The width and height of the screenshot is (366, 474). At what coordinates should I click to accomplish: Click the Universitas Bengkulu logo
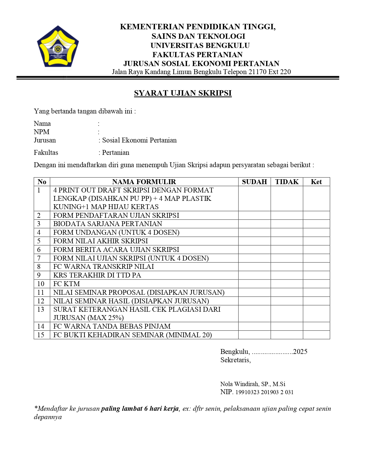coord(58,47)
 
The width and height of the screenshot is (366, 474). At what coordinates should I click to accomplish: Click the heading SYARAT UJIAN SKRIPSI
coord(183,93)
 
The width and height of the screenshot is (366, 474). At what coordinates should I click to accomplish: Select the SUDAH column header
coord(254,182)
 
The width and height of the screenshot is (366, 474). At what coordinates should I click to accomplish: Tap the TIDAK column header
coord(287,182)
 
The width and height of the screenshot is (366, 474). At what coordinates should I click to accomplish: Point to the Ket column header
coord(316,182)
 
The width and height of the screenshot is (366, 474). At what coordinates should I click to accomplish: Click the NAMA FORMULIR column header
coord(144,182)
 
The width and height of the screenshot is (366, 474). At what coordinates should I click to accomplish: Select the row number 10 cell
coord(41,284)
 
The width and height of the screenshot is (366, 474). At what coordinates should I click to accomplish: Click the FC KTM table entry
coord(67,284)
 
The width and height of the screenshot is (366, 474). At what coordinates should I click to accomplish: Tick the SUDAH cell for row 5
coord(254,241)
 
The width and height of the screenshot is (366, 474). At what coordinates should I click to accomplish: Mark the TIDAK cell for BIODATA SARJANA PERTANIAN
coord(287,224)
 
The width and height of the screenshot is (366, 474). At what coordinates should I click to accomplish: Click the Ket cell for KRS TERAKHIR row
coord(316,275)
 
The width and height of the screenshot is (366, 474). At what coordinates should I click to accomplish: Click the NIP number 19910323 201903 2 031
coord(264,392)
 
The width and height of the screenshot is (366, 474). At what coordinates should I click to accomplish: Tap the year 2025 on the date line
coord(300,352)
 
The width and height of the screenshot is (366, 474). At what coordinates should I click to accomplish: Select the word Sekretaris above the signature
coord(235,360)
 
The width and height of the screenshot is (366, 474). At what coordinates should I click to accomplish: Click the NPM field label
coord(42,132)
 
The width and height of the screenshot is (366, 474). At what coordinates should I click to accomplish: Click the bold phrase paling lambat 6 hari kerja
coord(140,409)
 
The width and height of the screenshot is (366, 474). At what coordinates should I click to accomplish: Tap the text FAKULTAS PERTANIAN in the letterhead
coord(197,55)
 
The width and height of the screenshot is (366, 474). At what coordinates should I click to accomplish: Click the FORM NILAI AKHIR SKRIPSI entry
coord(101,241)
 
